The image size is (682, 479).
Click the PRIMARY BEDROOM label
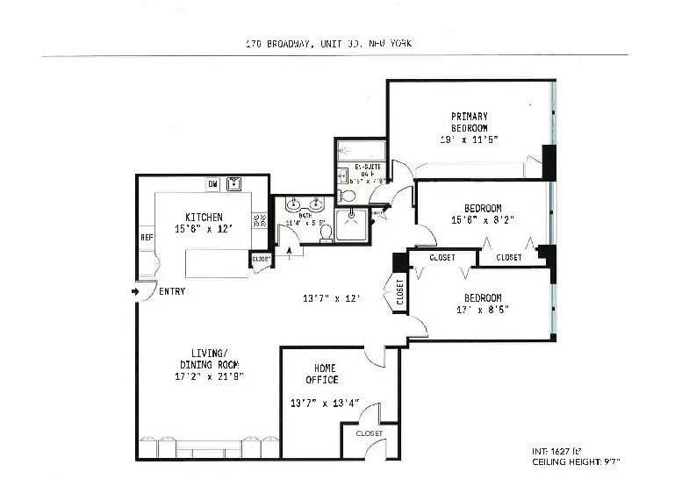click(470, 122)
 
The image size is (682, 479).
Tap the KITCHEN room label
click(204, 218)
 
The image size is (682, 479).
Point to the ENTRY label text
click(172, 291)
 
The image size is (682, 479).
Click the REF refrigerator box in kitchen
click(147, 237)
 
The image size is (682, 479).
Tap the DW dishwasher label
click(212, 184)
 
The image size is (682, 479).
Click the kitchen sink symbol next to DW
click(234, 184)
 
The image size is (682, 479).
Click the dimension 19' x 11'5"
click(470, 140)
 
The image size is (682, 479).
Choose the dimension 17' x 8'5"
click(482, 309)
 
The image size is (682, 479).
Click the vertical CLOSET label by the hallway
click(399, 294)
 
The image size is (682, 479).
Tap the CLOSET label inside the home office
click(370, 433)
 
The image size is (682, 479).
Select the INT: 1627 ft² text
click(562, 450)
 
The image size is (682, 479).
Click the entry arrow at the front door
click(134, 291)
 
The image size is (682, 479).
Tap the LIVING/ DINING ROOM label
click(209, 359)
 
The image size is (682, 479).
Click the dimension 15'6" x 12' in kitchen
click(204, 229)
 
